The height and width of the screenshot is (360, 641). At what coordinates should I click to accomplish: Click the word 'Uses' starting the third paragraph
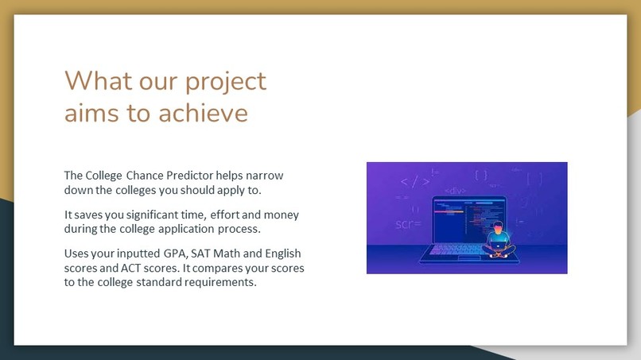(x=76, y=254)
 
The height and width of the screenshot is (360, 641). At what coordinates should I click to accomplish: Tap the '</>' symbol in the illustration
(x=414, y=181)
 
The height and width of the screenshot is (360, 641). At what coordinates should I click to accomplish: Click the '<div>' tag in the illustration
(x=454, y=191)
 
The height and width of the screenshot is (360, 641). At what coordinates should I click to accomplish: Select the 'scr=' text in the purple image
(x=408, y=224)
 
